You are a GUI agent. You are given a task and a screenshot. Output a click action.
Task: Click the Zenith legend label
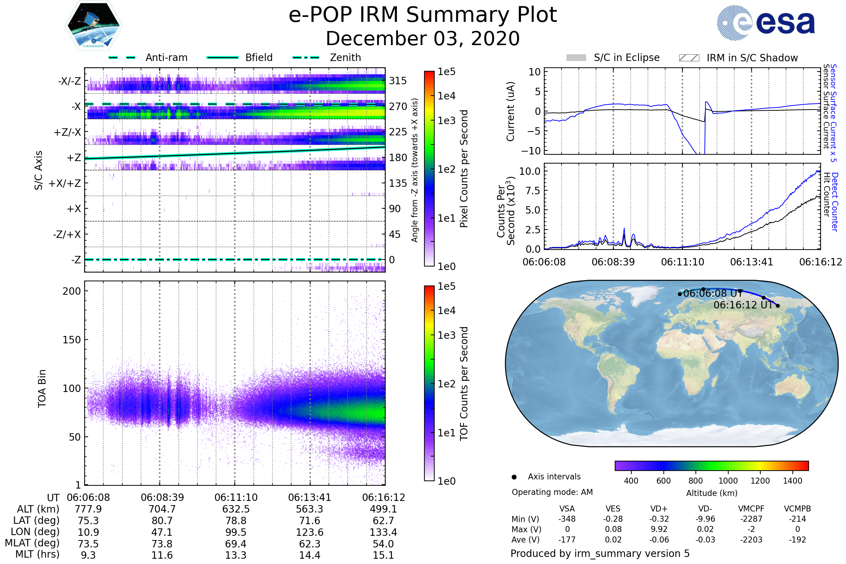tap(345, 57)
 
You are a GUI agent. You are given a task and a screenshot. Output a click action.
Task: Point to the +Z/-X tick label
tap(67, 133)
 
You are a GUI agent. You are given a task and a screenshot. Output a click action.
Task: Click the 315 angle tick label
tap(398, 81)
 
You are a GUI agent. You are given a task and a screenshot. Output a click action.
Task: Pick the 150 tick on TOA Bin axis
tap(72, 340)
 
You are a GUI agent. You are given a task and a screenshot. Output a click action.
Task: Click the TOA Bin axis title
tap(42, 388)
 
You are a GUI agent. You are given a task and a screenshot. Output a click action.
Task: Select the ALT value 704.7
tap(162, 509)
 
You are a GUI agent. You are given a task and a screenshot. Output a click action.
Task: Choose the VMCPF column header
tap(751, 509)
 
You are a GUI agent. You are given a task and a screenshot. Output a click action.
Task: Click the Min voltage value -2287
tap(751, 519)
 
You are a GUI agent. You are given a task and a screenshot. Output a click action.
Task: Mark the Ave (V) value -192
tap(797, 540)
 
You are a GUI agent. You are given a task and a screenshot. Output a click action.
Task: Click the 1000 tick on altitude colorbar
tap(728, 481)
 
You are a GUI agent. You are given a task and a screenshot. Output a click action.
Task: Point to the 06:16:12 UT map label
tap(743, 305)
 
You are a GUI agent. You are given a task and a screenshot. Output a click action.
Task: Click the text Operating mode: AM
tap(552, 492)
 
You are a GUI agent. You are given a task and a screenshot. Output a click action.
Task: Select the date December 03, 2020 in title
tap(423, 38)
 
